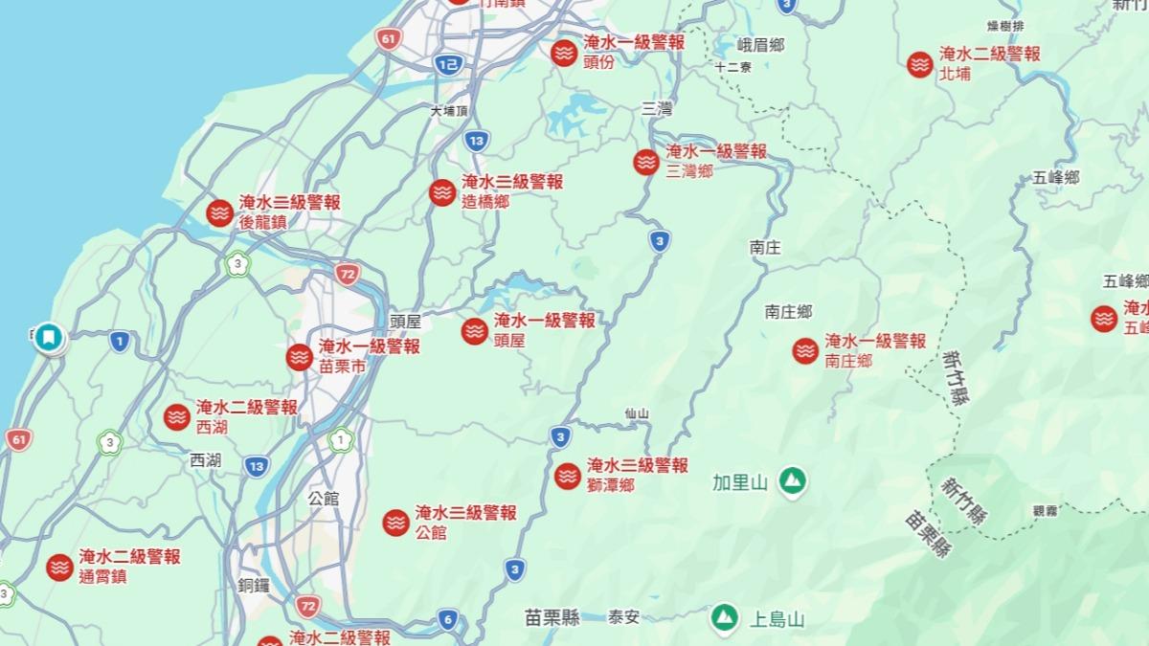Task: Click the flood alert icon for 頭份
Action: (x=564, y=53)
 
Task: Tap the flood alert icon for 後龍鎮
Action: (x=220, y=212)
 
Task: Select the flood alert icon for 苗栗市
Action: (x=299, y=357)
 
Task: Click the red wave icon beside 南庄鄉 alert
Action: (x=805, y=351)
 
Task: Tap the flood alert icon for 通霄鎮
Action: (x=60, y=567)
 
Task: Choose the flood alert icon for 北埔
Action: (x=920, y=64)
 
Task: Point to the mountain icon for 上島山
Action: (x=724, y=617)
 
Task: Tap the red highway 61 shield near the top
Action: (x=388, y=39)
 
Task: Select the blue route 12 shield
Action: (x=448, y=64)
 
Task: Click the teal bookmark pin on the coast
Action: (x=49, y=337)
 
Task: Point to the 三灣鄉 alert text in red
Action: (x=689, y=171)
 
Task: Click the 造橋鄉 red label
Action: (x=485, y=201)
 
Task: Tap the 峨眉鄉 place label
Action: (x=761, y=44)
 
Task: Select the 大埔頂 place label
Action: (x=450, y=111)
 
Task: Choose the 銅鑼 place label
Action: (x=255, y=585)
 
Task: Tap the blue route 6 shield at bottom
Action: (x=448, y=618)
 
